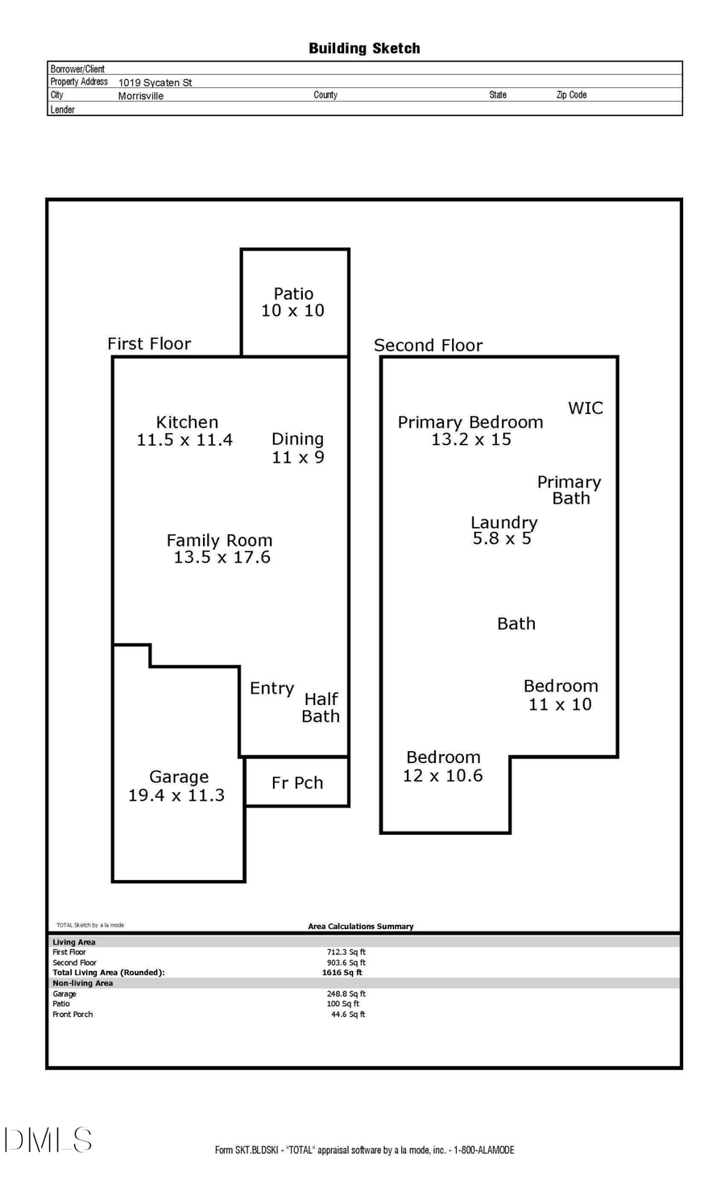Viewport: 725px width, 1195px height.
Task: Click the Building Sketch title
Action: tap(364, 48)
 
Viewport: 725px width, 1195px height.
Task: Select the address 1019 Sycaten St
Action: tap(155, 82)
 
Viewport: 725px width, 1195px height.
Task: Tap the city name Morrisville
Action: tap(140, 96)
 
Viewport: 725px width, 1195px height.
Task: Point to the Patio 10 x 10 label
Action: tap(293, 302)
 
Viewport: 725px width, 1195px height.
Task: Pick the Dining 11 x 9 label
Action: tap(297, 448)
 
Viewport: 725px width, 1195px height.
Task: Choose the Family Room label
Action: tap(220, 549)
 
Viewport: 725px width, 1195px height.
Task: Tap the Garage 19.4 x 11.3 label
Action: tap(177, 786)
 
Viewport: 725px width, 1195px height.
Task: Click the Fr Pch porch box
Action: tap(297, 782)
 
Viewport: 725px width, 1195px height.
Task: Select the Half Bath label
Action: tap(321, 707)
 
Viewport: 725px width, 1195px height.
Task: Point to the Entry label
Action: tap(271, 688)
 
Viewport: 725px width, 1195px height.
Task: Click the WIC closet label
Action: tap(586, 408)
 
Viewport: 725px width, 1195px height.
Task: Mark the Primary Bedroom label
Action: tap(470, 430)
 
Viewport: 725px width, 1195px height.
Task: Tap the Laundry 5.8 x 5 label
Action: tap(503, 530)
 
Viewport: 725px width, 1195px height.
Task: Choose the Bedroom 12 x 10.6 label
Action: tap(443, 766)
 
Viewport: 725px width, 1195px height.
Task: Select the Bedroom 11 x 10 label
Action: tap(561, 695)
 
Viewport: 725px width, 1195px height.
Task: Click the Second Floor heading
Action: tap(428, 345)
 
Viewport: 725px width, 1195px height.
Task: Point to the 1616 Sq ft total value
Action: tap(342, 973)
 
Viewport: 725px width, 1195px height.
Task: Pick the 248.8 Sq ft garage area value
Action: tap(346, 994)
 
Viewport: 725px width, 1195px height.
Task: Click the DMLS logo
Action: tap(48, 1139)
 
